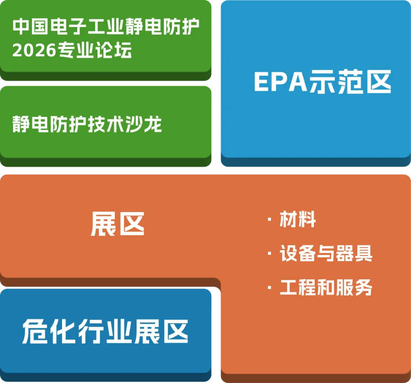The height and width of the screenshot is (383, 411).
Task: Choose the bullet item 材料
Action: [x=298, y=219]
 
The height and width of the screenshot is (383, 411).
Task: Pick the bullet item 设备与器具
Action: [x=326, y=254]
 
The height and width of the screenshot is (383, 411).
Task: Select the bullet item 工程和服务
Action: [x=326, y=287]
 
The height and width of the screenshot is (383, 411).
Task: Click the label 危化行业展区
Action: [x=105, y=331]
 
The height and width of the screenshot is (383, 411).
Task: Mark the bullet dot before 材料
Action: [x=269, y=219]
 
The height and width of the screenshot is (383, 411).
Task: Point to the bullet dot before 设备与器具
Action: [x=269, y=254]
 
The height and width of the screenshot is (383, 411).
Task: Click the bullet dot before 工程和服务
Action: [x=269, y=287]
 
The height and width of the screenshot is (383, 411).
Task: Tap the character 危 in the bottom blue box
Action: [x=35, y=331]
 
